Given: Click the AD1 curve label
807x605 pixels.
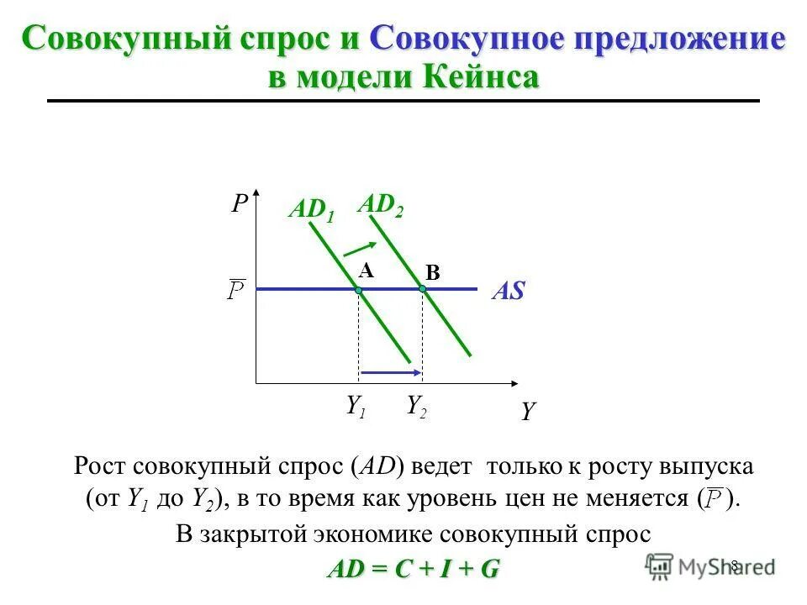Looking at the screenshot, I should (x=311, y=210).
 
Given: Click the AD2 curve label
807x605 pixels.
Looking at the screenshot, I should (x=381, y=205).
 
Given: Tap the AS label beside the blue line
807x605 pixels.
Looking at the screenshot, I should (x=508, y=292).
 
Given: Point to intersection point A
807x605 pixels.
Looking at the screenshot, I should (x=358, y=289).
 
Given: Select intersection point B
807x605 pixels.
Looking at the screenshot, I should (x=423, y=289).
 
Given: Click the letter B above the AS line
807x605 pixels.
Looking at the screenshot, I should (x=432, y=272).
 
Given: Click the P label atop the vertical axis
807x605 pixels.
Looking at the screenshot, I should (x=240, y=205).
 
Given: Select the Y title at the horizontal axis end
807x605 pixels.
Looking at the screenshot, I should (x=528, y=412).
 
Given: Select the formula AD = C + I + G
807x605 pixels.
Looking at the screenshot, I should (x=413, y=569).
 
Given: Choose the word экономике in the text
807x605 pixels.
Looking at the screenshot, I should (x=388, y=534).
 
